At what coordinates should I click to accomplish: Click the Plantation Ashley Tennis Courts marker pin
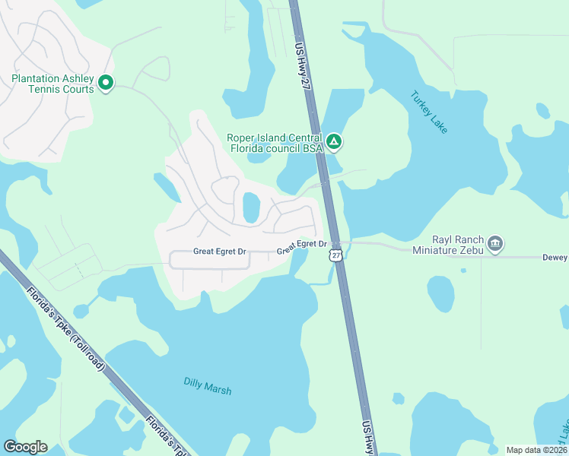(x=106, y=82)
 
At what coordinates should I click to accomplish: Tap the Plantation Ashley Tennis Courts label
(x=52, y=84)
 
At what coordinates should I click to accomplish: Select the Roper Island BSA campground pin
(x=333, y=141)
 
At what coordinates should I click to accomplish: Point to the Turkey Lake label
(x=429, y=112)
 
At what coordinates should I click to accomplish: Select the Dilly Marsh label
(x=207, y=385)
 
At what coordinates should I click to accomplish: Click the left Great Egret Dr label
(x=220, y=252)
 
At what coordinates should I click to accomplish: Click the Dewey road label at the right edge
(x=554, y=258)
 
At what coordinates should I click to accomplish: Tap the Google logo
(x=25, y=447)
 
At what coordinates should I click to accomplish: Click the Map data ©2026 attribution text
(x=536, y=450)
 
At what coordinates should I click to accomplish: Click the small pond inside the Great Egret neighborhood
(x=250, y=207)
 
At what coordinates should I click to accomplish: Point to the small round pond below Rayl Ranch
(x=440, y=293)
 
